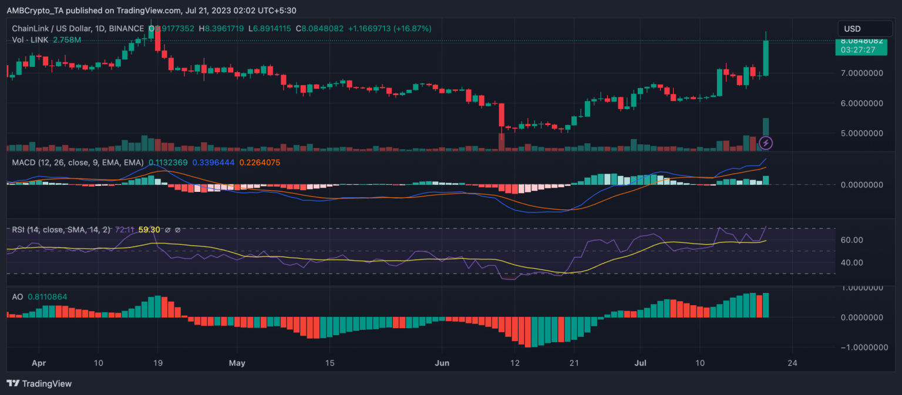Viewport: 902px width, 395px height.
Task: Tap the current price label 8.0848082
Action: tap(861, 40)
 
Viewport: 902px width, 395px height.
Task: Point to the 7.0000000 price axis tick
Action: tap(861, 73)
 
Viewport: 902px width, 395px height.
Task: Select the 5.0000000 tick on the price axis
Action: tap(861, 133)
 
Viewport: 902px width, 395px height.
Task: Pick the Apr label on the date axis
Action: tap(39, 363)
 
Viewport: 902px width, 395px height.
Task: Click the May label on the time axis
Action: tap(237, 363)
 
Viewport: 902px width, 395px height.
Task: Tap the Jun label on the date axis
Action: tap(442, 363)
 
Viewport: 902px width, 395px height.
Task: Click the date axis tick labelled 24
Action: tap(792, 363)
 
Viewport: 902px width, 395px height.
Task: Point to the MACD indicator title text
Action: tap(78, 163)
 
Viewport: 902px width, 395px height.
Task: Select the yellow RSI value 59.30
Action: tap(149, 229)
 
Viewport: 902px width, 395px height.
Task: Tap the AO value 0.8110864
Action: tap(47, 297)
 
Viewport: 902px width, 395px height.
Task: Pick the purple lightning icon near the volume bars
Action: tap(766, 143)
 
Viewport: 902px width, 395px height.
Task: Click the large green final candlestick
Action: tap(766, 58)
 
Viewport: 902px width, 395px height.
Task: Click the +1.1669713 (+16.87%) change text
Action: tap(389, 28)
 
